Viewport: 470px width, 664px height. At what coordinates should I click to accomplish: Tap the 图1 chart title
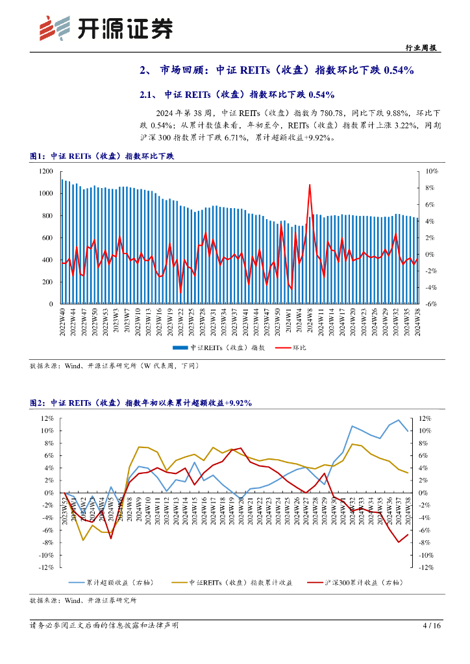click(102, 156)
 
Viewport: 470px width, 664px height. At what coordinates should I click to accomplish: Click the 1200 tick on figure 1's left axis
click(45, 171)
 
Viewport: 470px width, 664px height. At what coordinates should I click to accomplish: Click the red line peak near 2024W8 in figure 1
click(310, 185)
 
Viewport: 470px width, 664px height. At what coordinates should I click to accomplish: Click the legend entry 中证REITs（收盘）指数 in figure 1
click(218, 348)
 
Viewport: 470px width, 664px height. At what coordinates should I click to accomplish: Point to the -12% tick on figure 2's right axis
click(426, 567)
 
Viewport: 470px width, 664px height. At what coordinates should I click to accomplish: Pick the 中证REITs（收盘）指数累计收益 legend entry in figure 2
click(231, 583)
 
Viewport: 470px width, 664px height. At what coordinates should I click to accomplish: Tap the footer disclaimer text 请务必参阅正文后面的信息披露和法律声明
click(104, 626)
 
